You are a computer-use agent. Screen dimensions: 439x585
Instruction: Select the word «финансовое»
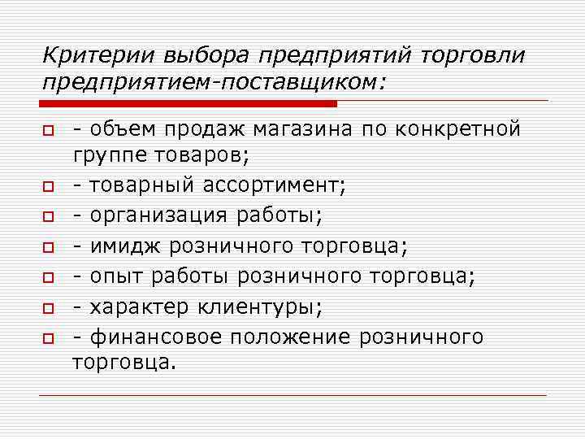click(x=154, y=337)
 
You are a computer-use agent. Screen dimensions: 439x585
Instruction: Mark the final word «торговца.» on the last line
click(x=123, y=363)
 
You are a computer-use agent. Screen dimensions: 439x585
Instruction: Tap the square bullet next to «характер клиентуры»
click(x=49, y=307)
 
